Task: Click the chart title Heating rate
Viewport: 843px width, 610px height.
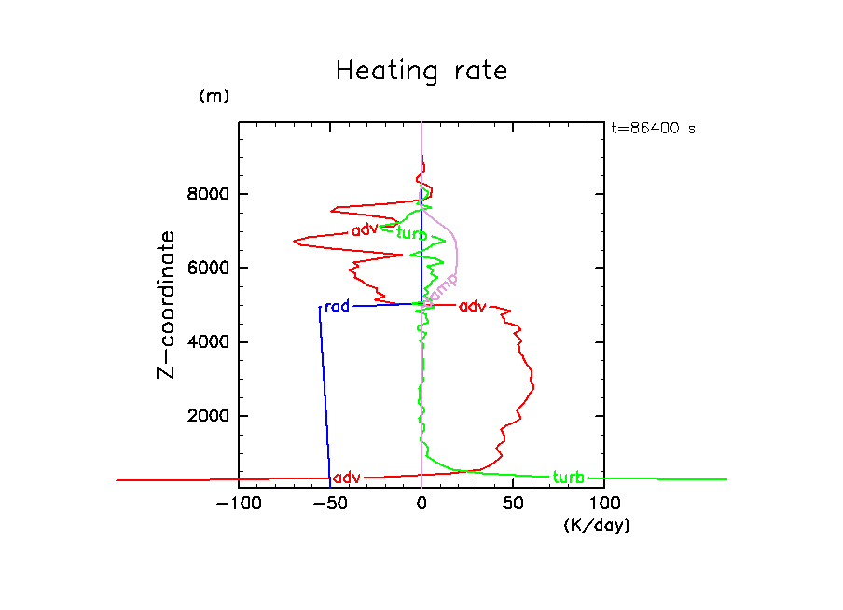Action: tap(421, 71)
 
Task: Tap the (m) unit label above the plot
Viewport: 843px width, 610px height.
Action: tap(214, 96)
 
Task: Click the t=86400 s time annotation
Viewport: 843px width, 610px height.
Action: tap(653, 129)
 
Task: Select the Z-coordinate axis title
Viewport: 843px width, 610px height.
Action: tap(167, 304)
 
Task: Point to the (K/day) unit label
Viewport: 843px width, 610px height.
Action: tap(597, 526)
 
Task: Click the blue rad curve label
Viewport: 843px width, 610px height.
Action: tap(337, 306)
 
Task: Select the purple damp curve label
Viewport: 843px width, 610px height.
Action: tap(441, 286)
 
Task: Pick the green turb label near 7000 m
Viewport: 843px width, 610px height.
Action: tap(412, 233)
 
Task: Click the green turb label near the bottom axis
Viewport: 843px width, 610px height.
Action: tap(568, 478)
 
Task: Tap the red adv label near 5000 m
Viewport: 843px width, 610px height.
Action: tap(473, 306)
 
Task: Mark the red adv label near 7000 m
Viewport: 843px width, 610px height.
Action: tap(365, 230)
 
